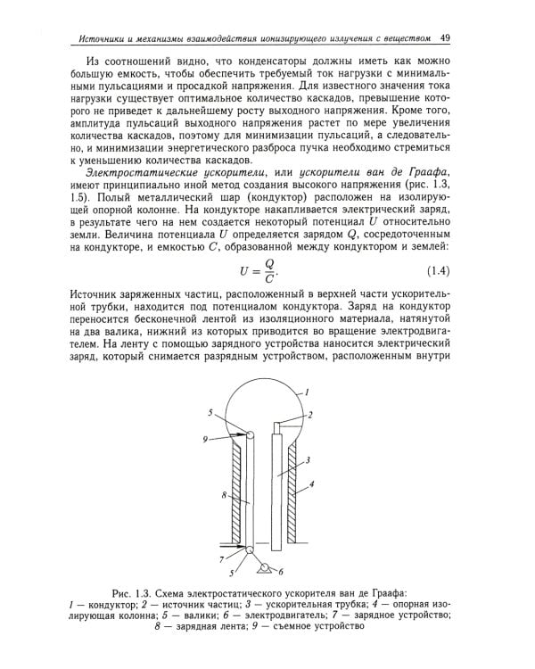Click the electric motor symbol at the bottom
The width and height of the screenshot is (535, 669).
264,568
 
